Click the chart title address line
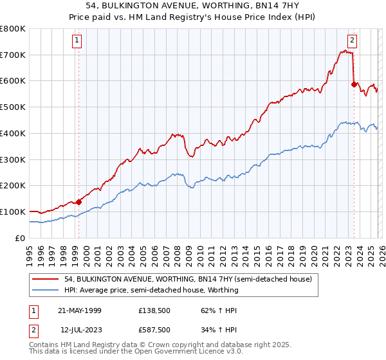193,6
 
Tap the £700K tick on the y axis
13,55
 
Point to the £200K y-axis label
13,185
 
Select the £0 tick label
20,238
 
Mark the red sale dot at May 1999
79,201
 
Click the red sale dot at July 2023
353,84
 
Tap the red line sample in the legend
45,279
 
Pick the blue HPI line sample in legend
45,290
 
